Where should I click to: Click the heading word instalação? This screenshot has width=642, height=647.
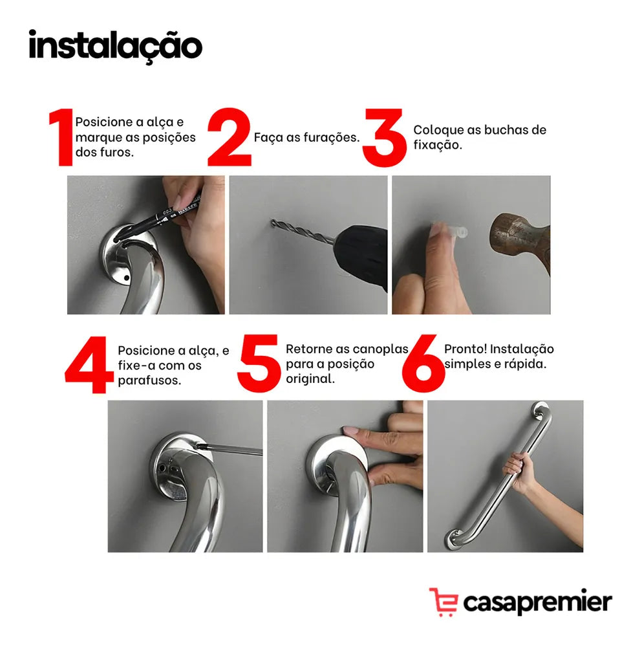coord(116,45)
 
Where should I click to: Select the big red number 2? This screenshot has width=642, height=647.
coord(230,137)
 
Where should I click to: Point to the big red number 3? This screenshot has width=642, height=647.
coord(384,137)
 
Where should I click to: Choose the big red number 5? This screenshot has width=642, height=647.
coord(259,364)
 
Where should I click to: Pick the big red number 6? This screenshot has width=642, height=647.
coord(423,364)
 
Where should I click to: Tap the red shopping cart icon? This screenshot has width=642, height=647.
coord(444,602)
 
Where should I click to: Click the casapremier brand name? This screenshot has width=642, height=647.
coord(537,602)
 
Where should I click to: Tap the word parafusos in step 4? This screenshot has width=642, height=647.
coord(149,380)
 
